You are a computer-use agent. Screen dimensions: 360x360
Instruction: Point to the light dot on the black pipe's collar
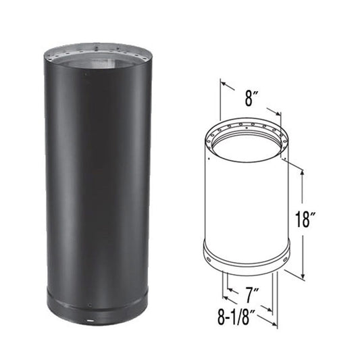click(x=88, y=315)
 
